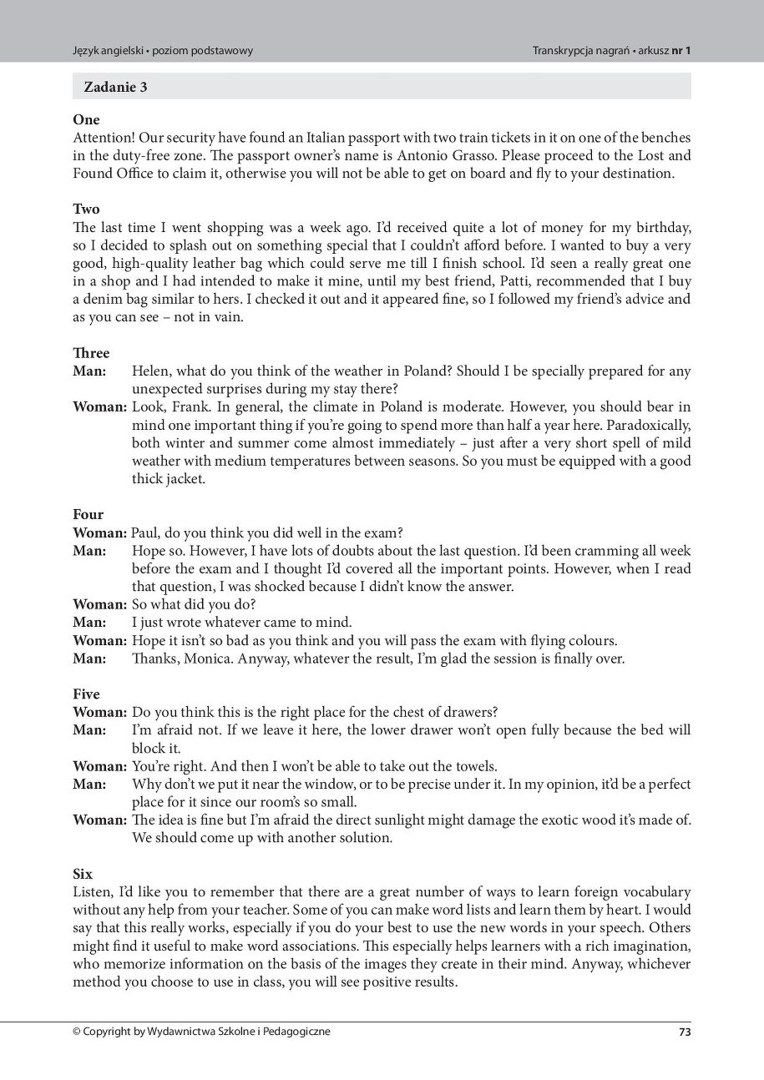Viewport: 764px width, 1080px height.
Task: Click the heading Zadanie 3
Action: tap(115, 87)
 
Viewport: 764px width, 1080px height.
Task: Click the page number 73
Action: tap(684, 1032)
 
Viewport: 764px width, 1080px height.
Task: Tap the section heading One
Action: tap(86, 120)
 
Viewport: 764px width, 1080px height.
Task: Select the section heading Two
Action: tap(86, 209)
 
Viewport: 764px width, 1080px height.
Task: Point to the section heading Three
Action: tap(91, 353)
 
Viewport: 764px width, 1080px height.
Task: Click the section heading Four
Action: tap(88, 514)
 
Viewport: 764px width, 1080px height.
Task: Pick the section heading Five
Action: tap(86, 694)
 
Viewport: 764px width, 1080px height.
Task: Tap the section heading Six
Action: tap(83, 874)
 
